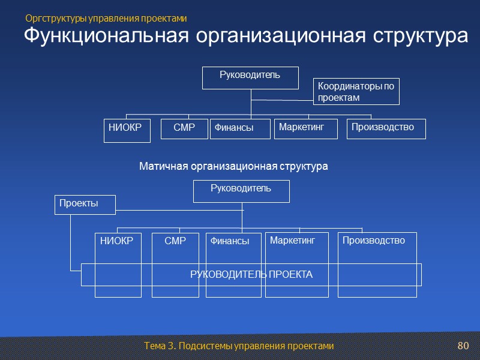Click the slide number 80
pyautogui.click(x=462, y=346)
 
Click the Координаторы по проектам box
pyautogui.click(x=356, y=91)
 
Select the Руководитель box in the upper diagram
pyautogui.click(x=250, y=77)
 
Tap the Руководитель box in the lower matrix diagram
pyautogui.click(x=241, y=191)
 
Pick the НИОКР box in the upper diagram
pyautogui.click(x=127, y=130)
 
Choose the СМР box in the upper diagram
pyautogui.click(x=184, y=128)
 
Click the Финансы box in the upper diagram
pyautogui.click(x=233, y=128)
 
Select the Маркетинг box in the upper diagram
pyautogui.click(x=305, y=128)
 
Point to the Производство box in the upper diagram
pyautogui.click(x=386, y=128)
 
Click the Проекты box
pyautogui.click(x=86, y=204)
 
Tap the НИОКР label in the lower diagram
pyautogui.click(x=117, y=241)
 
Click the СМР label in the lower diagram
pyautogui.click(x=175, y=241)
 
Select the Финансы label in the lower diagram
pyautogui.click(x=230, y=241)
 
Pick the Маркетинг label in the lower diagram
pyautogui.click(x=292, y=241)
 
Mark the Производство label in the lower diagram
pyautogui.click(x=374, y=241)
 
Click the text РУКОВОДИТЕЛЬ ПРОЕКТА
pyautogui.click(x=251, y=275)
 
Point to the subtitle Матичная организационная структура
pyautogui.click(x=233, y=166)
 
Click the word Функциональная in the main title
pyautogui.click(x=106, y=36)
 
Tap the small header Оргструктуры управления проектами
pyautogui.click(x=106, y=19)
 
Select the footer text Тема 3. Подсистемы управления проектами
pyautogui.click(x=239, y=347)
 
